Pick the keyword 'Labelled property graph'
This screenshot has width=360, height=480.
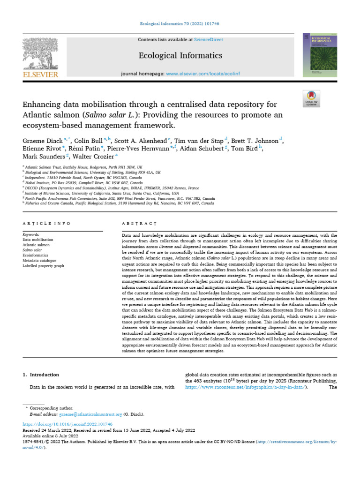44,265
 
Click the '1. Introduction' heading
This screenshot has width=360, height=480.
41,375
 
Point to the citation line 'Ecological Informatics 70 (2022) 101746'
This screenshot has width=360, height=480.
180,23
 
